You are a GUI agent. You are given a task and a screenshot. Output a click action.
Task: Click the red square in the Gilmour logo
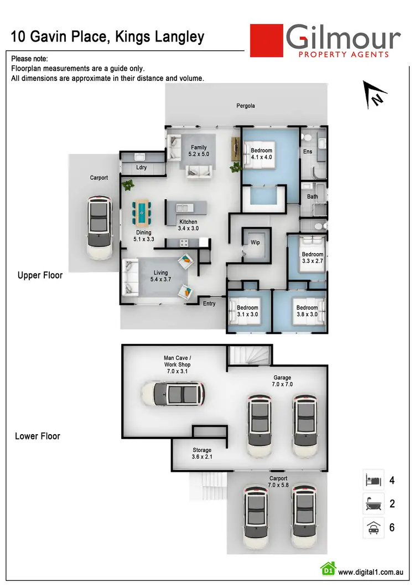(266, 40)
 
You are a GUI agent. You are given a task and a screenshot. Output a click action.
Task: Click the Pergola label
(246, 106)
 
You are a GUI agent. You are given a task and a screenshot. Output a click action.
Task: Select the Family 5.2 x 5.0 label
(199, 151)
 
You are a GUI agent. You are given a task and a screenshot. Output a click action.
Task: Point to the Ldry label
(142, 167)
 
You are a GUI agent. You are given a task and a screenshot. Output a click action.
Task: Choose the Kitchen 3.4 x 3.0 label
(188, 225)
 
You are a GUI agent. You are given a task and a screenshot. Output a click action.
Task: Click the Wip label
(255, 243)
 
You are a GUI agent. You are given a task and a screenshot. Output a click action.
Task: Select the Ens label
(308, 151)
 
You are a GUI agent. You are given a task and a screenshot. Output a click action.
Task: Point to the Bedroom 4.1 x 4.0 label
(261, 153)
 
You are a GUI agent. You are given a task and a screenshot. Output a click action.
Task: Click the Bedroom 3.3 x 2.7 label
(312, 258)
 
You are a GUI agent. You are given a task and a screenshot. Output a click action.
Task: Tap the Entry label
(209, 303)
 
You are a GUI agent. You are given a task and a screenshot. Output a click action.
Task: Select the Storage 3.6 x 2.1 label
(202, 454)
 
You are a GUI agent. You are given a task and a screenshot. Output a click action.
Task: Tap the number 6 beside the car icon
(392, 527)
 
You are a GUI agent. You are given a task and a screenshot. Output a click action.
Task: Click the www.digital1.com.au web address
(370, 573)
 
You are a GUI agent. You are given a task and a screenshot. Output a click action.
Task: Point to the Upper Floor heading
(40, 275)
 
